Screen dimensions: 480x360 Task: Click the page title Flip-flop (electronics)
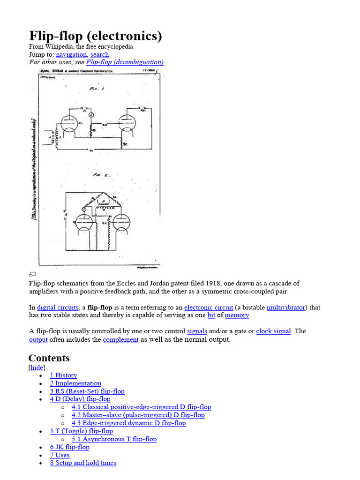96,36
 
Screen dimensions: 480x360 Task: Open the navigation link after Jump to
71,54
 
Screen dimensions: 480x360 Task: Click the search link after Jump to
99,54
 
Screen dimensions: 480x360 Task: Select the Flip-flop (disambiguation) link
125,62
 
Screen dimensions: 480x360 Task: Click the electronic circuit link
209,307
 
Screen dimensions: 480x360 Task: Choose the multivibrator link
286,307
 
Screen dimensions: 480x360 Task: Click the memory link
237,315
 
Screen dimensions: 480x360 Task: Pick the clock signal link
273,331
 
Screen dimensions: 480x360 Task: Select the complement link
120,339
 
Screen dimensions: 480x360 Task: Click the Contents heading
49,358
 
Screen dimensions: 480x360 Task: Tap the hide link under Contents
37,367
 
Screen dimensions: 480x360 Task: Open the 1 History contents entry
64,375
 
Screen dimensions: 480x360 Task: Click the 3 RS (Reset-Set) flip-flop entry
87,391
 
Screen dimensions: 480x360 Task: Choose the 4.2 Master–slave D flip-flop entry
138,415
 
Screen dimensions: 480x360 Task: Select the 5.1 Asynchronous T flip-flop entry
114,439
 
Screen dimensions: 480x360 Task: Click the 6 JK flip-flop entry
69,447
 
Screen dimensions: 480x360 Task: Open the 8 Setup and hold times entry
83,463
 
